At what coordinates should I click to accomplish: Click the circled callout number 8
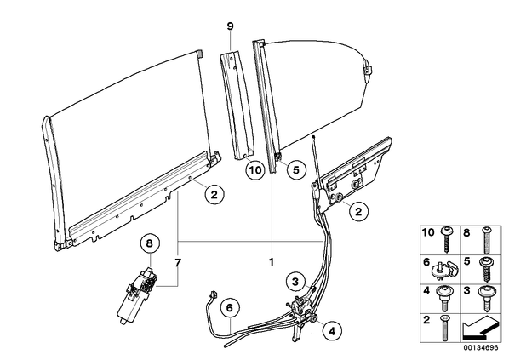click(x=149, y=243)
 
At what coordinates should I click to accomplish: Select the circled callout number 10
click(x=254, y=169)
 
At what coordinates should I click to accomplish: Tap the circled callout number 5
click(x=295, y=169)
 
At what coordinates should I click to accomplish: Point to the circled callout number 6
click(x=230, y=307)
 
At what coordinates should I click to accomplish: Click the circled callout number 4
click(x=332, y=331)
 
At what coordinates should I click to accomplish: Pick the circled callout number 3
click(x=295, y=282)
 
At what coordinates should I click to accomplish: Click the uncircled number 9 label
click(x=230, y=26)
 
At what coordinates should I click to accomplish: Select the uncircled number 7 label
click(x=178, y=263)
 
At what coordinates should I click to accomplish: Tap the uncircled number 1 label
click(x=272, y=262)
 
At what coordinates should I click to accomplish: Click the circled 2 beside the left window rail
click(x=214, y=195)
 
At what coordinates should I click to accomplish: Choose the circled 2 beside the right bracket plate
click(x=358, y=212)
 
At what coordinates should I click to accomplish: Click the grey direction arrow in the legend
click(x=480, y=328)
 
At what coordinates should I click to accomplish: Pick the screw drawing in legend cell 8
click(x=486, y=239)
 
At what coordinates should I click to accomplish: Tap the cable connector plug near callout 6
click(x=214, y=294)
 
